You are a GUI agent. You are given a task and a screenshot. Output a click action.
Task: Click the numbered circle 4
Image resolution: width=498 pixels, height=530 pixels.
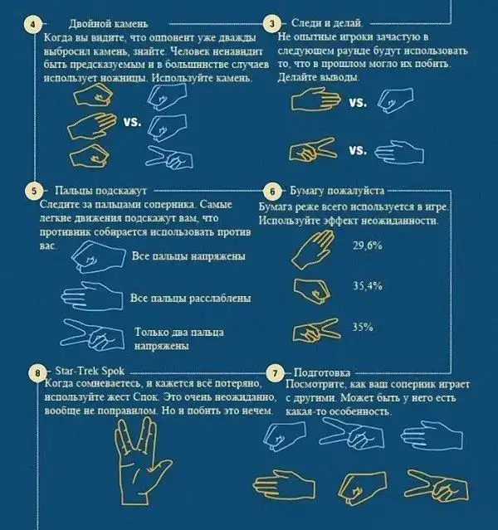33,24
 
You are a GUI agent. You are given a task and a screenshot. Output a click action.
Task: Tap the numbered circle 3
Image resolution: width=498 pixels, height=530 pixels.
272,24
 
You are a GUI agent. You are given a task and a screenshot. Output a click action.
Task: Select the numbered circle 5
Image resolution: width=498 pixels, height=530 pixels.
34,191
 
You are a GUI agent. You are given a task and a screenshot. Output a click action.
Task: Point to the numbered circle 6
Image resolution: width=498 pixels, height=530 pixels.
272,192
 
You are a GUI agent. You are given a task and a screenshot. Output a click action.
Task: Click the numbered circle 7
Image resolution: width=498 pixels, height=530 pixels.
275,373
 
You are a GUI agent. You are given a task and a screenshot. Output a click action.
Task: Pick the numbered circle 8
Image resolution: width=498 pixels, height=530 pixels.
37,373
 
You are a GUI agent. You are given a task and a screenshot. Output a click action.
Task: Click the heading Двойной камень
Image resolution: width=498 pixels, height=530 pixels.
108,24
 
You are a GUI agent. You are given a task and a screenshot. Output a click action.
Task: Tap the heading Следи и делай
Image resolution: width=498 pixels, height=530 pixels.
327,23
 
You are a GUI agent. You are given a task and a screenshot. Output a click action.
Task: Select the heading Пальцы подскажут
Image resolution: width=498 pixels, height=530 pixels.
100,191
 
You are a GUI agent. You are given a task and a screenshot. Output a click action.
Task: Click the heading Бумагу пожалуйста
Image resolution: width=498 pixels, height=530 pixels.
337,191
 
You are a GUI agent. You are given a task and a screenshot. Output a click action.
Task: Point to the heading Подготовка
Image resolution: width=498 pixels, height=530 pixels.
322,373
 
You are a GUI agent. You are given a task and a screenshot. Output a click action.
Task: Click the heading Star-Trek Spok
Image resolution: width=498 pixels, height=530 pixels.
90,371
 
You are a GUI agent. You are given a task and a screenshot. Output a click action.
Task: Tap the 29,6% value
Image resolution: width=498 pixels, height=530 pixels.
368,246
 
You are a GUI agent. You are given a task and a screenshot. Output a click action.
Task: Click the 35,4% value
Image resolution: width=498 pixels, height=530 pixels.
368,286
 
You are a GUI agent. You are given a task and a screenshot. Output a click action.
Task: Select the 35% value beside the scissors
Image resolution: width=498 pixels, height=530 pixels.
363,327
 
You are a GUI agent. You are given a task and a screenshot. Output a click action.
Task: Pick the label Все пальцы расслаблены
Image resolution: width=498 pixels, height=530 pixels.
191,299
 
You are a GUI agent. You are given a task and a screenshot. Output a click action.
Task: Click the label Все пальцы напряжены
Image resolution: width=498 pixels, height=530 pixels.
188,255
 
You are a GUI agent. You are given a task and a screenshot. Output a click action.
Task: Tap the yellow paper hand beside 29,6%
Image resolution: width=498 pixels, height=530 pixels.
313,250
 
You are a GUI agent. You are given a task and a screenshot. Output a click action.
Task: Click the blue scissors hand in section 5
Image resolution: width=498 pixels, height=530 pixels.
93,335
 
